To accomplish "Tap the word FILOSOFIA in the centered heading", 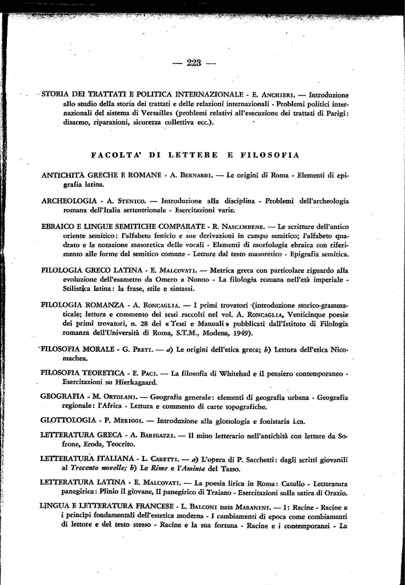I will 267,155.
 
